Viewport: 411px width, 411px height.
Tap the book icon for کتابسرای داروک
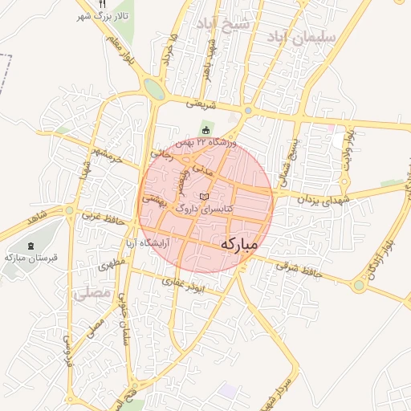coord(203,197)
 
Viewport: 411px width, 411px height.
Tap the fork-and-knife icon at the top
coord(101,4)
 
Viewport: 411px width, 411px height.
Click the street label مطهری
coord(113,262)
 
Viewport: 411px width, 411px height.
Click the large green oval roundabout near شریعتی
coord(155,90)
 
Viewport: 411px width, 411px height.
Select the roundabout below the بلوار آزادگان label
coord(359,285)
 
